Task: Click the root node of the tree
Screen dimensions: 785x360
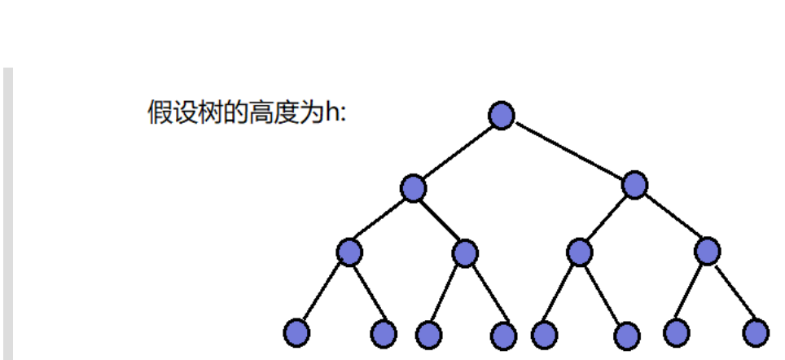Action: coord(502,115)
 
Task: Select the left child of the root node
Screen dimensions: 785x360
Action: coord(414,188)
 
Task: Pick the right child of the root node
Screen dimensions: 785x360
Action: coord(634,185)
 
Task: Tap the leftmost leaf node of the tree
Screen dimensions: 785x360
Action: coord(296,332)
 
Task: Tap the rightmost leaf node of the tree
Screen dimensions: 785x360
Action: coord(756,332)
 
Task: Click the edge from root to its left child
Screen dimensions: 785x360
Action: coord(458,151)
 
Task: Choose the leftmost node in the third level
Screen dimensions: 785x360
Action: coord(349,252)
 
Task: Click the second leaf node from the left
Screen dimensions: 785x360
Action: coord(383,333)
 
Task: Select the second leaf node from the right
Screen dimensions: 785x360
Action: coord(676,332)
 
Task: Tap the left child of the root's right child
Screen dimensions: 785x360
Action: coord(579,252)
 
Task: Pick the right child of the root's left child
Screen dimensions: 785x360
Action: coord(465,253)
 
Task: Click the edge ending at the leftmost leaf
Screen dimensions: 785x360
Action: coord(322,292)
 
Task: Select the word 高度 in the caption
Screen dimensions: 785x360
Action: coord(273,112)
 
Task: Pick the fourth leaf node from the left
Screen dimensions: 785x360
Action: coord(504,335)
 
